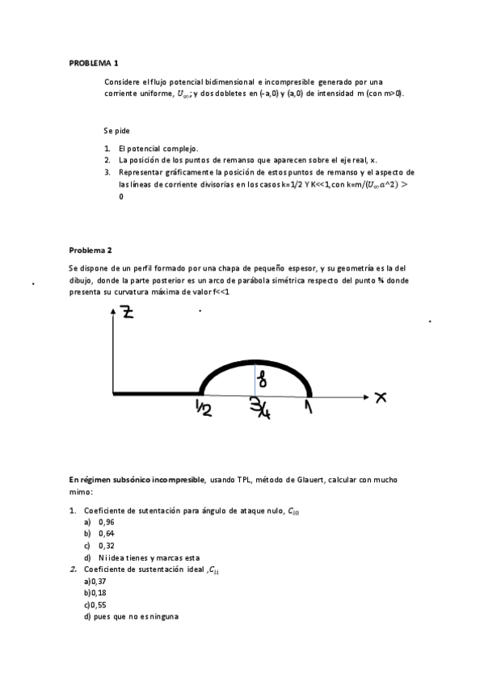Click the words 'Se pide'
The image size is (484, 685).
pyautogui.click(x=116, y=130)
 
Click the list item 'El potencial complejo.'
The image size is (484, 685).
pyautogui.click(x=158, y=149)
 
